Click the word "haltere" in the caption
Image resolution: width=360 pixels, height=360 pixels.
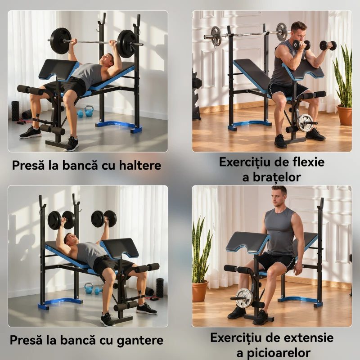(x=140, y=165)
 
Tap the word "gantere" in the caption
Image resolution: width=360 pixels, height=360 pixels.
(x=140, y=340)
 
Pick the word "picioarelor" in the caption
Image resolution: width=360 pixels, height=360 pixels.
(x=279, y=353)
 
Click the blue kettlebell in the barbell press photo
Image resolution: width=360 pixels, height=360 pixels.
(x=89, y=111)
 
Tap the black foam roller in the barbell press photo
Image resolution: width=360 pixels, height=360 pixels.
(x=15, y=110)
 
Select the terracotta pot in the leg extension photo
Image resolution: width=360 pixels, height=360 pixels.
(x=200, y=291)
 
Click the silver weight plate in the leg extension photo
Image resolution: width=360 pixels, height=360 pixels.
(x=244, y=298)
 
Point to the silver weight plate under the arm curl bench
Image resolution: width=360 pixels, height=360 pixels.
(x=305, y=123)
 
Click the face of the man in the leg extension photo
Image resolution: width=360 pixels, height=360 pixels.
(x=278, y=198)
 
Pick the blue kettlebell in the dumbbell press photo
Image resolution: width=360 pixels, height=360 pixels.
(x=89, y=288)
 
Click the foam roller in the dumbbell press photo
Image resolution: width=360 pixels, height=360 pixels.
(x=160, y=288)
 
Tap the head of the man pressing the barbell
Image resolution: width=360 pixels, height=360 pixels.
(x=107, y=60)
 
